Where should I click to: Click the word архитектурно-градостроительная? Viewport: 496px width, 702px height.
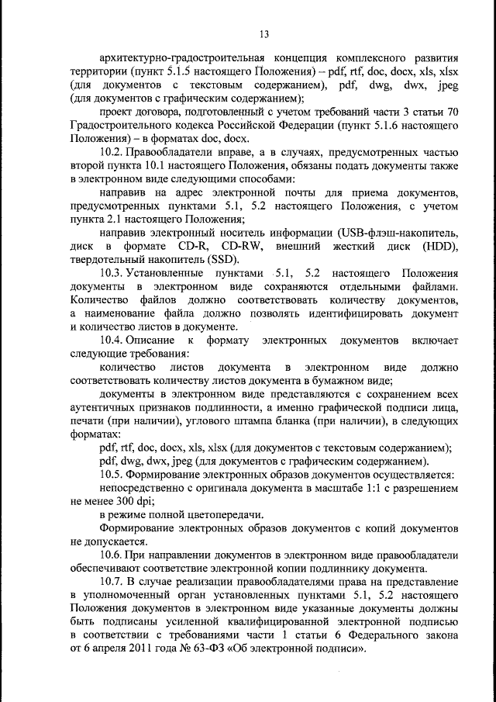click(x=177, y=58)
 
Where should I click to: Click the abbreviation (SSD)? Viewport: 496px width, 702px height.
click(x=222, y=260)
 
